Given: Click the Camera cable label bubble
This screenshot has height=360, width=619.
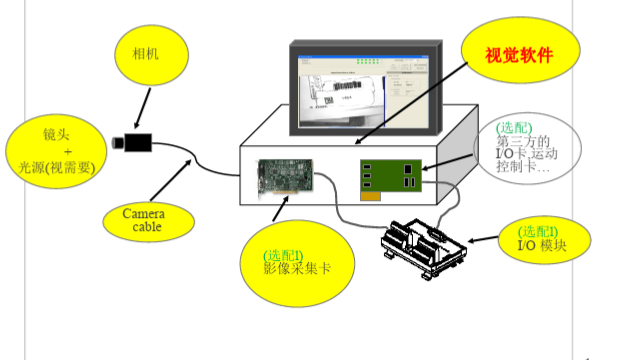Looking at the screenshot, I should [142, 219].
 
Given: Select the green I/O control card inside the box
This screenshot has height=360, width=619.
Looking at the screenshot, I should [393, 176].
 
